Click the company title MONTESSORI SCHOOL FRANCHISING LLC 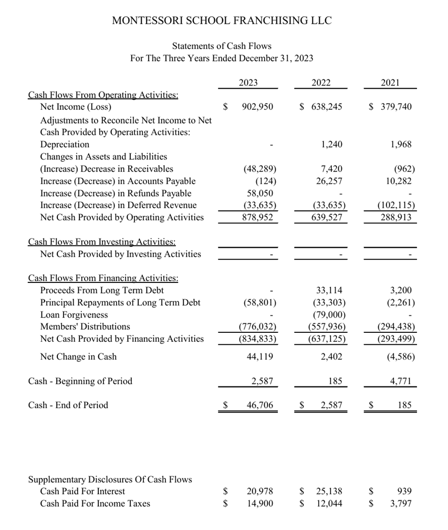tap(222, 21)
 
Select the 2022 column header tap(321, 83)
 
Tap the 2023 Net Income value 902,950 tap(257, 107)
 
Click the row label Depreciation tap(65, 144)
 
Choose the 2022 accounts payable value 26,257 tap(331, 181)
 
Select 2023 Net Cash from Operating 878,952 tap(257, 217)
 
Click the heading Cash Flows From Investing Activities tap(102, 242)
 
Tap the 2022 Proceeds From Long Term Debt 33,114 tap(330, 290)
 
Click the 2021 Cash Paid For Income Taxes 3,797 tap(401, 503)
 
